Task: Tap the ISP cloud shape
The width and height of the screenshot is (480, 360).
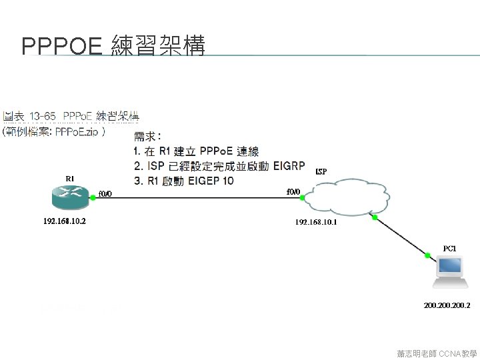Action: (347, 197)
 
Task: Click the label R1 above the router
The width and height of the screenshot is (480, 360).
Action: (69, 178)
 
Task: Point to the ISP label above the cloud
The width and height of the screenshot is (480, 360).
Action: (321, 171)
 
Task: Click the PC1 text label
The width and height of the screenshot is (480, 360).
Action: (450, 249)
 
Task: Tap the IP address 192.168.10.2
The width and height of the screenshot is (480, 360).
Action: (64, 221)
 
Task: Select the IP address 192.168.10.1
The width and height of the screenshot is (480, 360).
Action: (316, 222)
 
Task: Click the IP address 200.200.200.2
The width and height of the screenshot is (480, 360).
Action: (447, 306)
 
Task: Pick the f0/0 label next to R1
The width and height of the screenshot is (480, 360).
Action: (105, 194)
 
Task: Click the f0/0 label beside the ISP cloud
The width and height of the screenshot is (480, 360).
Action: (293, 192)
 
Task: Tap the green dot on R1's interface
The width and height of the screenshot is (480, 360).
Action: (93, 197)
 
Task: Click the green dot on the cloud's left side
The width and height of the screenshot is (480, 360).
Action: (303, 197)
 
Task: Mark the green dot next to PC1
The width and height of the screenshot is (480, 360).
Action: (427, 255)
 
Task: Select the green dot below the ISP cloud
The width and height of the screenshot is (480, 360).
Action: (375, 217)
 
